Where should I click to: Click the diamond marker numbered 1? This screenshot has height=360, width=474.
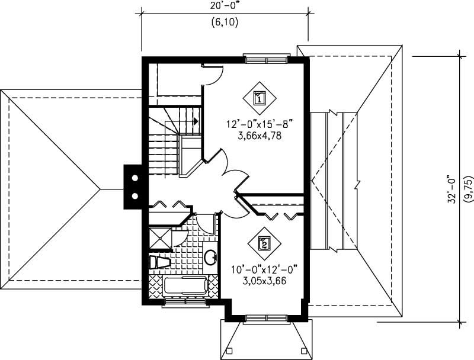click(260, 97)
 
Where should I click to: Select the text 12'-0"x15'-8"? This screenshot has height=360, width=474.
click(260, 124)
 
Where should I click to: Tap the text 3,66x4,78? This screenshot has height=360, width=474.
click(260, 135)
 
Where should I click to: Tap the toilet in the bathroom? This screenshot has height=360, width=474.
click(158, 262)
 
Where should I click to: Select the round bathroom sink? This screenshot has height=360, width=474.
click(210, 257)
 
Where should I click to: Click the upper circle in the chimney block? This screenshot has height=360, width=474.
click(135, 178)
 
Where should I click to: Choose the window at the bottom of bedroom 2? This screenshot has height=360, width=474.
click(265, 319)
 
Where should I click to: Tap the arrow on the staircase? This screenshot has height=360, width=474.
click(194, 120)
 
